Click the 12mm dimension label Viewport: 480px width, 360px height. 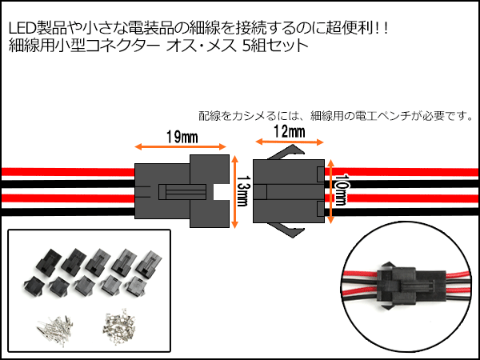click(288, 130)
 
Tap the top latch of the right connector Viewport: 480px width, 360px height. click(286, 153)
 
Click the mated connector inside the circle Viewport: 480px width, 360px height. click(401, 288)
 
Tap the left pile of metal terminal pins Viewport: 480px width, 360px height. click(52, 326)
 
